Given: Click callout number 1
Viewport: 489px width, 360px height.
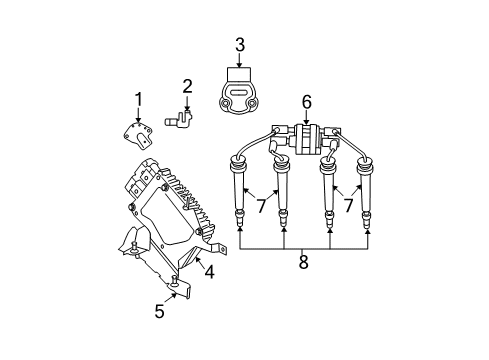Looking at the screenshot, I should click(139, 98).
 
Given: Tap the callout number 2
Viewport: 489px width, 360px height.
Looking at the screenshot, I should click(187, 87).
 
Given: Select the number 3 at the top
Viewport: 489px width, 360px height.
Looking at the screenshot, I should click(240, 44).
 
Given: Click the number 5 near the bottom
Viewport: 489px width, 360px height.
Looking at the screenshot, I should click(159, 311).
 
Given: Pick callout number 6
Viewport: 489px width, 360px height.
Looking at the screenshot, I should click(307, 100).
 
